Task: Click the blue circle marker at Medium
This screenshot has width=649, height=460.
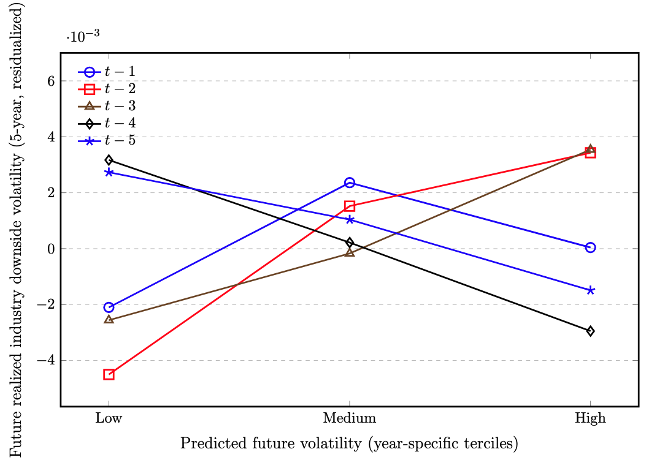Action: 350,183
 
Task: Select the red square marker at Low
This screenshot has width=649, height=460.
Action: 109,374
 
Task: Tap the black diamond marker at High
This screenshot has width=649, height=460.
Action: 590,331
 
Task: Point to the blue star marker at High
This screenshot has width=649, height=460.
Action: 590,290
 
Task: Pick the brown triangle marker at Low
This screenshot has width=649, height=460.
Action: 109,320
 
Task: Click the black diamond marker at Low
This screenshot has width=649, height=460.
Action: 109,160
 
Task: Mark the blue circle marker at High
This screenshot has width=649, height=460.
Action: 590,247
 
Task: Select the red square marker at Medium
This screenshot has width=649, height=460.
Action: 350,206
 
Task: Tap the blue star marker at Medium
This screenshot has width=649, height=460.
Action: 350,219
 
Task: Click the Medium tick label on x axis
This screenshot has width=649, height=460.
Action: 350,419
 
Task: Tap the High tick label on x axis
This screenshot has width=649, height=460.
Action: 590,419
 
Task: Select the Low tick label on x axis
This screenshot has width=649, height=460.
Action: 109,419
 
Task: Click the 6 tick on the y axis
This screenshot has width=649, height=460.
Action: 50,81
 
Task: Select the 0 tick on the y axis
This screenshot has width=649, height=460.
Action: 50,249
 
